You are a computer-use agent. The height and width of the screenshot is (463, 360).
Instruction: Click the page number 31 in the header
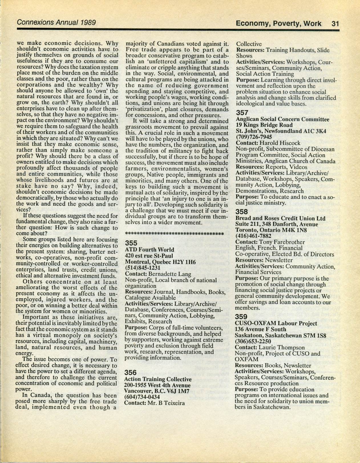(335, 23)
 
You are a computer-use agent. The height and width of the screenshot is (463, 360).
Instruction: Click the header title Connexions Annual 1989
(56, 22)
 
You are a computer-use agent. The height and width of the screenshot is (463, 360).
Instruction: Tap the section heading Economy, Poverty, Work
(278, 23)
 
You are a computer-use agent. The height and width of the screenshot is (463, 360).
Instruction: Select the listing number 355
(132, 243)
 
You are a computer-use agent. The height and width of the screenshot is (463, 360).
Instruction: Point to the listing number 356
(131, 372)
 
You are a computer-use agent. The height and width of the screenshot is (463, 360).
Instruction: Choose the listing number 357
(242, 113)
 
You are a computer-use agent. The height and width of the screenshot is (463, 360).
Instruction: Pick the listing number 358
(242, 212)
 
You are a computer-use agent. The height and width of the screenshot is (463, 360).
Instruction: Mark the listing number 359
(242, 317)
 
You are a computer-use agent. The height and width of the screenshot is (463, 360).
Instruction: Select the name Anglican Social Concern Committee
(283, 119)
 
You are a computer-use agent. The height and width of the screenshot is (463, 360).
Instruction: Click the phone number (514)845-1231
(143, 268)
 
